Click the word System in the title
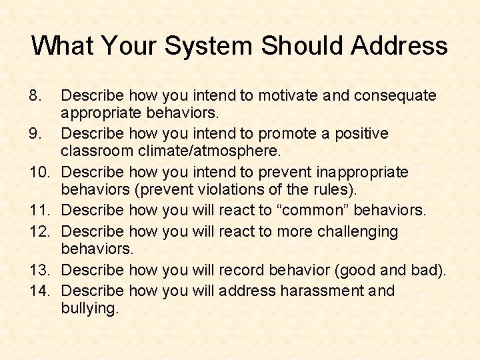(x=209, y=46)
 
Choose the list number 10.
(x=40, y=173)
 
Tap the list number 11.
(x=40, y=211)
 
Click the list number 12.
(x=40, y=231)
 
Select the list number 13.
(x=40, y=271)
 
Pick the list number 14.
(x=40, y=291)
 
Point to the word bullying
(x=89, y=309)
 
